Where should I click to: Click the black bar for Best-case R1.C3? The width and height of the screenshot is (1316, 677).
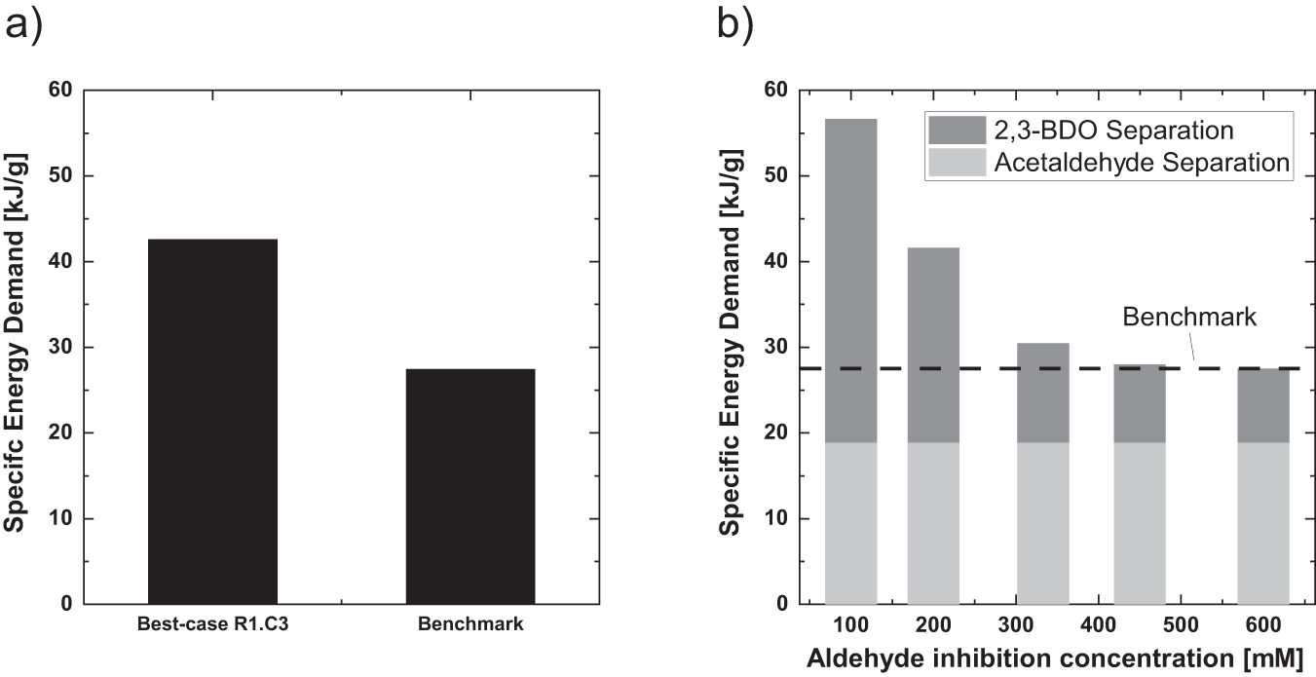(x=212, y=421)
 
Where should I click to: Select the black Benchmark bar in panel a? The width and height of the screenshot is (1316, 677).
(x=470, y=486)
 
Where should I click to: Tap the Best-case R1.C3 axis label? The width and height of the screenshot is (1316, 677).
(x=212, y=625)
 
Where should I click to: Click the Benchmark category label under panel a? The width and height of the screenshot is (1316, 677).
(x=470, y=625)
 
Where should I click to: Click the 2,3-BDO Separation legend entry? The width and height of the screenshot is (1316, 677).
(x=1109, y=130)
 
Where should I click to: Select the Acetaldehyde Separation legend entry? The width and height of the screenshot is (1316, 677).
(x=1109, y=162)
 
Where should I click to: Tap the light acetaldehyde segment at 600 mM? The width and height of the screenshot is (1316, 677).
(x=1262, y=523)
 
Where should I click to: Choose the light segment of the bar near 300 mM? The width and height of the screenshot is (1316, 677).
(x=1042, y=523)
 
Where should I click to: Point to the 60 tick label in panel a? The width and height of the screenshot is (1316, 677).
(x=60, y=91)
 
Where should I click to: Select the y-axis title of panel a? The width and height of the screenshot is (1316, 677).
(x=16, y=347)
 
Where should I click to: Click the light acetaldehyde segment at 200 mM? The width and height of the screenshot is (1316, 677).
(x=933, y=523)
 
